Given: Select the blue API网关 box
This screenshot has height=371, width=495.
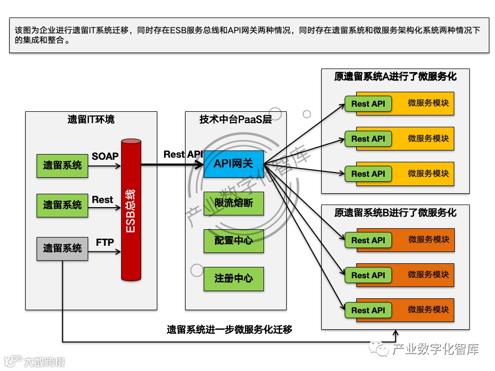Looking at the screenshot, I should coord(233,164).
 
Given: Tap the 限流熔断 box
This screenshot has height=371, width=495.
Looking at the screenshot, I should coord(233,203).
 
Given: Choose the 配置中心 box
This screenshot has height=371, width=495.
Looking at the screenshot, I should coord(233,241).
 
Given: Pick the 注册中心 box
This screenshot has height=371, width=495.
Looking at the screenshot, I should coord(233,278).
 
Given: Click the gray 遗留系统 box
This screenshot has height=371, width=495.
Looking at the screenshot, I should coord(62,248).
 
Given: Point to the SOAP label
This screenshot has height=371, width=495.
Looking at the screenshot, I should coord(105,156).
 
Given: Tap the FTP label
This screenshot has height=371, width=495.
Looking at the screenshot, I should coord(105,242).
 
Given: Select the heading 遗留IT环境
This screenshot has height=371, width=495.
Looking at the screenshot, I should coord(91,120).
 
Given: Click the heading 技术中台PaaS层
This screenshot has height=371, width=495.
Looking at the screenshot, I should coord(235,120).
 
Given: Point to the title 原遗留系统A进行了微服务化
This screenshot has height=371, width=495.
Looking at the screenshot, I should coord(395,77).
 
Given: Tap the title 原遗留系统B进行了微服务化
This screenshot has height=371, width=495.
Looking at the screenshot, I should coord(395,212).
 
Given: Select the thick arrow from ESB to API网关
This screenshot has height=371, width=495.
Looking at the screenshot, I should coord(170,165).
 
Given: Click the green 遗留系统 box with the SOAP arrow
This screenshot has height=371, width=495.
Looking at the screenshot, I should coord(62,165).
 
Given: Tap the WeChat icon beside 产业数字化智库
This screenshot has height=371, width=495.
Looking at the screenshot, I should coord(383,350).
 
